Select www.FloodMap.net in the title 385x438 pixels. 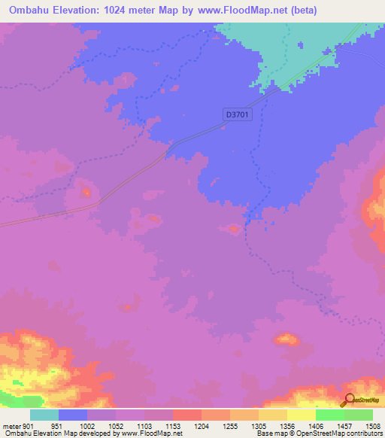241,11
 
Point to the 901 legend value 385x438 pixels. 29,426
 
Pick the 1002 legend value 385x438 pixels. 87,426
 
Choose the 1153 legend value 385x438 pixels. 172,426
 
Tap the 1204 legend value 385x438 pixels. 201,426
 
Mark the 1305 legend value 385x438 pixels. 258,426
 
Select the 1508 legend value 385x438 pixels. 372,426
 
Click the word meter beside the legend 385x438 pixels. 11,426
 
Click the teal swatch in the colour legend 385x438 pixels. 44,415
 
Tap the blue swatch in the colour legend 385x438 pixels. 73,415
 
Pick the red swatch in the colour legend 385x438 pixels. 186,415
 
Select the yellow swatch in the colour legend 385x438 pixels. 301,415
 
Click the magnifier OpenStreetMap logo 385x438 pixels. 349,400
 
